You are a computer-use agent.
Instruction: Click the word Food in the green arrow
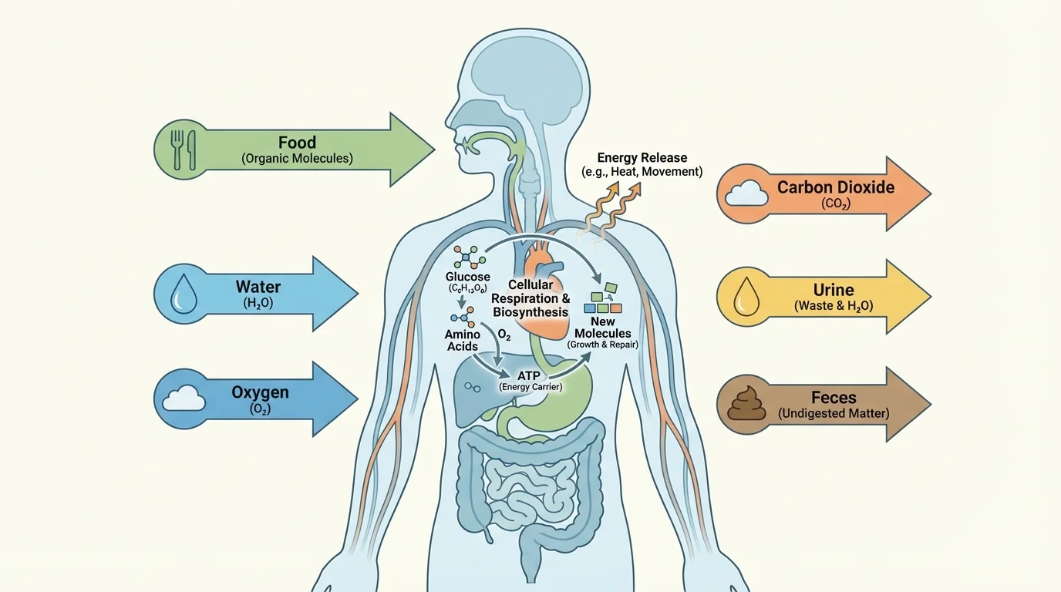(297, 143)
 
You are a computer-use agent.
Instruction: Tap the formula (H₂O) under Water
(258, 304)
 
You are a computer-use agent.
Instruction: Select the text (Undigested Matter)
(834, 413)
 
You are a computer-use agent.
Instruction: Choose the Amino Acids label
(463, 340)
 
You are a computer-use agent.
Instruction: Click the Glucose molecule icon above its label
(465, 258)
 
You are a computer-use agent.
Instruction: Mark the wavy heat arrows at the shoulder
(605, 207)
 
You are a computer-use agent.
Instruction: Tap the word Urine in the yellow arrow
(834, 290)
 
